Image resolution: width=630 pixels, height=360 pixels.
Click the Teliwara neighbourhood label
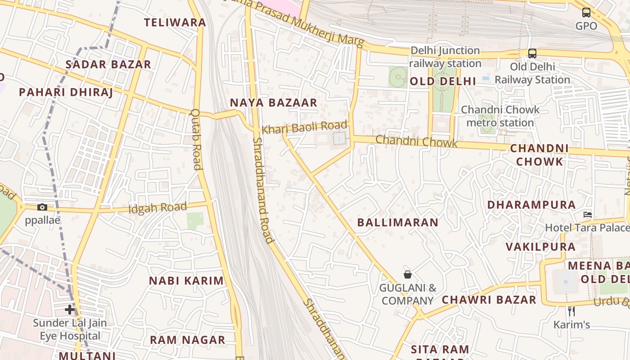(x=175, y=22)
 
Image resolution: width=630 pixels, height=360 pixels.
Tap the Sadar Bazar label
(x=108, y=64)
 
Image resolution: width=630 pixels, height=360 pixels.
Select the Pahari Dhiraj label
(x=66, y=92)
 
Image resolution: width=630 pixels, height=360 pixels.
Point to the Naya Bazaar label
(x=274, y=103)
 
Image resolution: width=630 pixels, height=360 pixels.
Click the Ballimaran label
(x=398, y=222)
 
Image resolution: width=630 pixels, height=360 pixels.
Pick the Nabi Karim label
(x=186, y=281)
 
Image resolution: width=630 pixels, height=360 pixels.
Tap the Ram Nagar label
(x=187, y=340)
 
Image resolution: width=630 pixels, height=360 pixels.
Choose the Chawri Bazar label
(x=489, y=300)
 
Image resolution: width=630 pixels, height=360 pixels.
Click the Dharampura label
(x=531, y=205)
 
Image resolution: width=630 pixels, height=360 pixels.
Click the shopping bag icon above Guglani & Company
(x=408, y=274)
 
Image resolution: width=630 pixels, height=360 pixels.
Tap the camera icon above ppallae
(x=42, y=207)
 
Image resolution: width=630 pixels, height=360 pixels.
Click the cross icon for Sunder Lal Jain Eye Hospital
(x=70, y=310)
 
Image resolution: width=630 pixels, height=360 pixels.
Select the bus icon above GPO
(x=586, y=13)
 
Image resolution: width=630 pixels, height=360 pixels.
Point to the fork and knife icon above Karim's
(x=571, y=311)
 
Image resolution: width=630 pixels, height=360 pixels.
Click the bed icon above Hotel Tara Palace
(x=588, y=215)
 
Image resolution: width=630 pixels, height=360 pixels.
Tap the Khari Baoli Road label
(x=305, y=128)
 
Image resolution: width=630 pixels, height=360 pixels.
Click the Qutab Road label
(x=196, y=139)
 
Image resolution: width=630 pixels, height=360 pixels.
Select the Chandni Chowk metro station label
(x=500, y=116)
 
